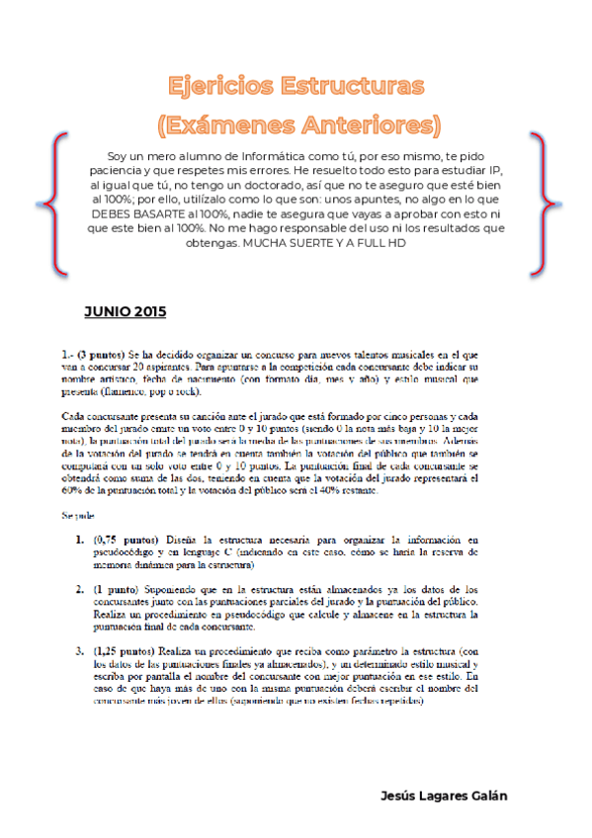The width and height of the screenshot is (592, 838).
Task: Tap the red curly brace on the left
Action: [x=56, y=205]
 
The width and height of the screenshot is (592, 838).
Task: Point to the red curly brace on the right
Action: [x=538, y=205]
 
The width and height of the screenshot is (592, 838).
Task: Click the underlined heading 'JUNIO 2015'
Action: [x=125, y=311]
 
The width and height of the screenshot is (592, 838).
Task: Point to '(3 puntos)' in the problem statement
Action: [x=100, y=353]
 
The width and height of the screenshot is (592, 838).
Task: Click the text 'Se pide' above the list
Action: [x=77, y=515]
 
